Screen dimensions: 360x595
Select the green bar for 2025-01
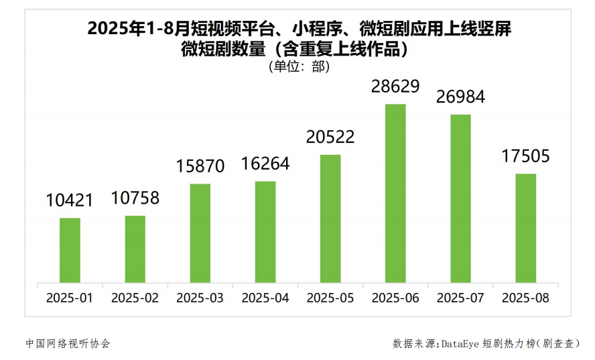(70, 250)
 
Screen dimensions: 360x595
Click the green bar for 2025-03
(200, 233)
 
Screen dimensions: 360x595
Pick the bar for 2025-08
(526, 228)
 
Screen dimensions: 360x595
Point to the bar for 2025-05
(330, 219)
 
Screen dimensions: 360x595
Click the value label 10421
(70, 200)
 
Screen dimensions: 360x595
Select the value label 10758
(135, 198)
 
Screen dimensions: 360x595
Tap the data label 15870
(200, 166)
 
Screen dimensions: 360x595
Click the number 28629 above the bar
(395, 86)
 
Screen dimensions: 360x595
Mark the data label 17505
(526, 156)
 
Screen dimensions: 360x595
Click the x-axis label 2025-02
(135, 298)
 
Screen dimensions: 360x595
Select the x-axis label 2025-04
(265, 298)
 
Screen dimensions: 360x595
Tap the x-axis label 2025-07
(460, 298)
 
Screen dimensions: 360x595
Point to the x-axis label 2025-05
(330, 298)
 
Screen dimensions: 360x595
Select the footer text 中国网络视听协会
(68, 343)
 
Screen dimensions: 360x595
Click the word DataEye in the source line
(461, 343)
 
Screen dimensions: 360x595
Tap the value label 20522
(330, 137)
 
